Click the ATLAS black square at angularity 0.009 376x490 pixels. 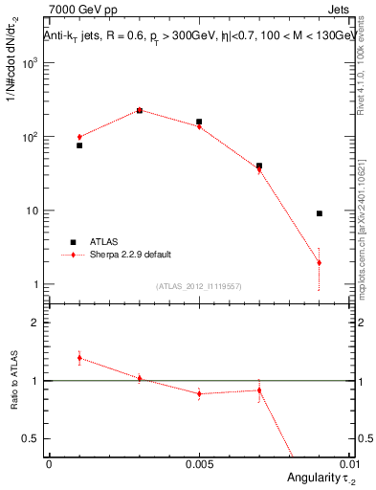[x=320, y=213]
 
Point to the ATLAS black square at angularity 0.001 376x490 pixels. [x=79, y=145]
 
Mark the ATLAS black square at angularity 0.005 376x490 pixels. [x=199, y=122]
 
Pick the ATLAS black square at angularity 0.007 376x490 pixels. [x=259, y=166]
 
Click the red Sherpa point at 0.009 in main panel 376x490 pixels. [x=320, y=263]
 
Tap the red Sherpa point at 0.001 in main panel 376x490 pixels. [x=79, y=137]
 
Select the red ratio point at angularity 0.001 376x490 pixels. [x=79, y=357]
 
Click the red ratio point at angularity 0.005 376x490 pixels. [x=199, y=393]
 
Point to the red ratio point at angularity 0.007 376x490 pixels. [x=259, y=390]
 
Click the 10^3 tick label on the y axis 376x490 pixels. [x=31, y=63]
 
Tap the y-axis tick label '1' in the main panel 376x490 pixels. [x=36, y=285]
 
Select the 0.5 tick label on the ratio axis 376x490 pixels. [x=30, y=438]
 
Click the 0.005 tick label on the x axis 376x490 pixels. [x=199, y=464]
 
